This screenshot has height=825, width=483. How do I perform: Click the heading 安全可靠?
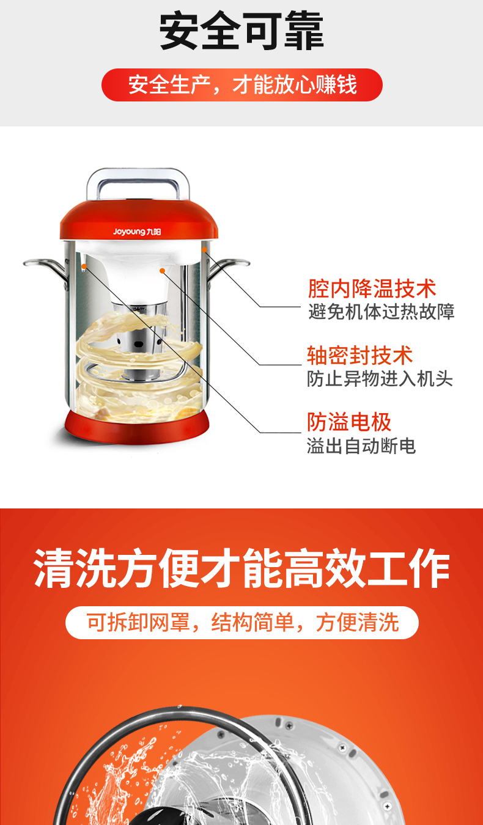(x=242, y=31)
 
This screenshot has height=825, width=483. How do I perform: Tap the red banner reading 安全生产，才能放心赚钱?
(x=242, y=85)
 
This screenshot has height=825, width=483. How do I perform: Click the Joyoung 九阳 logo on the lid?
(x=137, y=232)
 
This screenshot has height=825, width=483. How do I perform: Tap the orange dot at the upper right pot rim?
(x=204, y=250)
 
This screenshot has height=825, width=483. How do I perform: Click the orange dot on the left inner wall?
(x=84, y=266)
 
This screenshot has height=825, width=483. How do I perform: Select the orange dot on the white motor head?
(x=162, y=271)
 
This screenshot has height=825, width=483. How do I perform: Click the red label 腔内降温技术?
(x=372, y=288)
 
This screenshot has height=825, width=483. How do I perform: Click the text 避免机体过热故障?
(x=382, y=312)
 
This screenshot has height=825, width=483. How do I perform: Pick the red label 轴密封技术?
(x=359, y=356)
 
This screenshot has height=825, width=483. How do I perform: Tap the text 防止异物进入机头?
(x=380, y=379)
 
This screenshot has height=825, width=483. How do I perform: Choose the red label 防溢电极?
(x=349, y=422)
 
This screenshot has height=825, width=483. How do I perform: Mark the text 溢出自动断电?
(x=361, y=446)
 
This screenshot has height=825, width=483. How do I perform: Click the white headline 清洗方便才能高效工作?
(x=242, y=568)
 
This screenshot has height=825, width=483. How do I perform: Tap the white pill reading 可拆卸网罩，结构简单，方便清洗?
(x=242, y=623)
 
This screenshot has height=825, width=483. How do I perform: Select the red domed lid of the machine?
(x=139, y=219)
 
